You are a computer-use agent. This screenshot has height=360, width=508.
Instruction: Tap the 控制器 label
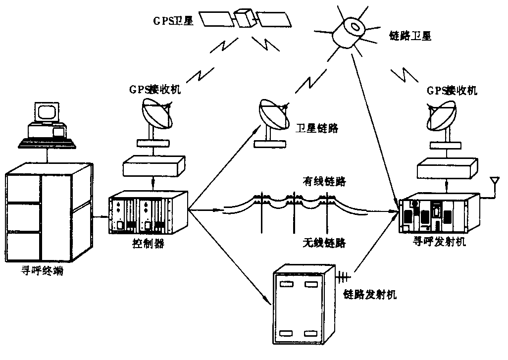(x=147, y=245)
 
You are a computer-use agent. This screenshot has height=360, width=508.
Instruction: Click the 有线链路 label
(x=324, y=182)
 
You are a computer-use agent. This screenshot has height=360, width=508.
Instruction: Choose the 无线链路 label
(x=324, y=243)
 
